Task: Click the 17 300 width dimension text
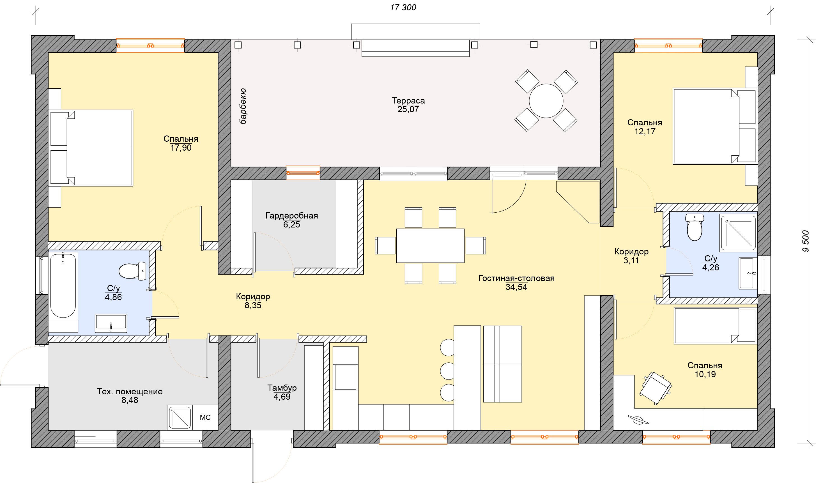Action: click(x=403, y=7)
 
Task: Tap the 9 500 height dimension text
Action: click(x=805, y=241)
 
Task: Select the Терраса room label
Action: click(x=408, y=101)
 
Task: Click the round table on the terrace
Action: click(x=546, y=101)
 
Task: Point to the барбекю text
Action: click(x=243, y=106)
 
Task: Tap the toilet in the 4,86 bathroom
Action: click(x=132, y=271)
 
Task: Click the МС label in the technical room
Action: click(x=205, y=417)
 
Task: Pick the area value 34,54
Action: click(x=516, y=287)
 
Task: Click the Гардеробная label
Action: click(x=292, y=216)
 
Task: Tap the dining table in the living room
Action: click(x=430, y=245)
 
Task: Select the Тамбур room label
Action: click(x=282, y=388)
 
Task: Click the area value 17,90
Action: click(x=181, y=148)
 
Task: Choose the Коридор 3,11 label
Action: click(x=631, y=256)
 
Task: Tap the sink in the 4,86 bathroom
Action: click(x=111, y=323)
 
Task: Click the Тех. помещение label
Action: click(x=130, y=392)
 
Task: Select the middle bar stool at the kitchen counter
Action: click(x=447, y=371)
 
